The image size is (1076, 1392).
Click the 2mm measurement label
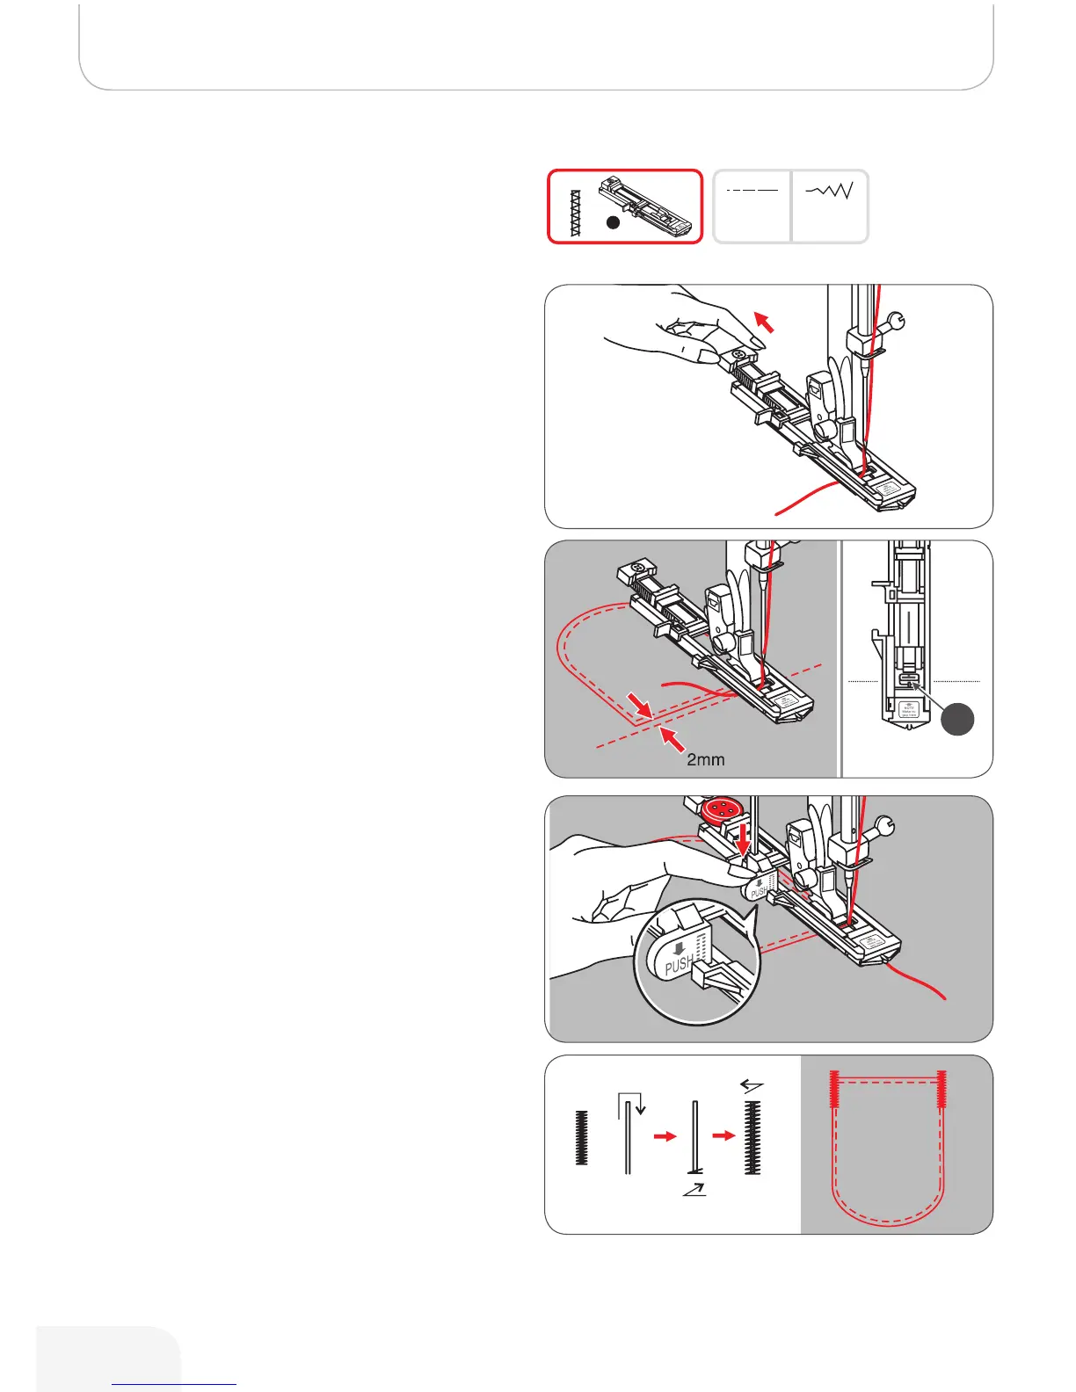click(x=705, y=759)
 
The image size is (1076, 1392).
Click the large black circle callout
click(x=958, y=719)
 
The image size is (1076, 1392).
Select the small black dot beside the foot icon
click(x=614, y=222)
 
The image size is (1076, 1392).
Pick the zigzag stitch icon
click(x=829, y=190)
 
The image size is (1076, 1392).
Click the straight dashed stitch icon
click(x=752, y=190)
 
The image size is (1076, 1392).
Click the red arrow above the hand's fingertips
click(x=764, y=323)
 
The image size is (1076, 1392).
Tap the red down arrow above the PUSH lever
click(x=744, y=837)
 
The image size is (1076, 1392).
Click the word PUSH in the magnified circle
click(x=678, y=965)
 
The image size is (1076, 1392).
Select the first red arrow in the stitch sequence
click(x=665, y=1136)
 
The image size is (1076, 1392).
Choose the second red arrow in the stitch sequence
click(x=723, y=1136)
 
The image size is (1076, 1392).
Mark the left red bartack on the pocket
click(x=835, y=1099)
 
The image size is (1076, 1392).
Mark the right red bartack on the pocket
click(x=942, y=1099)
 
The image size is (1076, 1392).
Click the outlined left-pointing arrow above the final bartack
click(x=752, y=1086)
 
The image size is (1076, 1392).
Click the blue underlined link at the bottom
click(x=174, y=1383)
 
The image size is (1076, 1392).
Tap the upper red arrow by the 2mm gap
click(x=639, y=703)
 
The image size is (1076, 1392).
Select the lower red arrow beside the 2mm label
click(x=672, y=740)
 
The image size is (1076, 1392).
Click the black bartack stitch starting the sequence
click(x=581, y=1138)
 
